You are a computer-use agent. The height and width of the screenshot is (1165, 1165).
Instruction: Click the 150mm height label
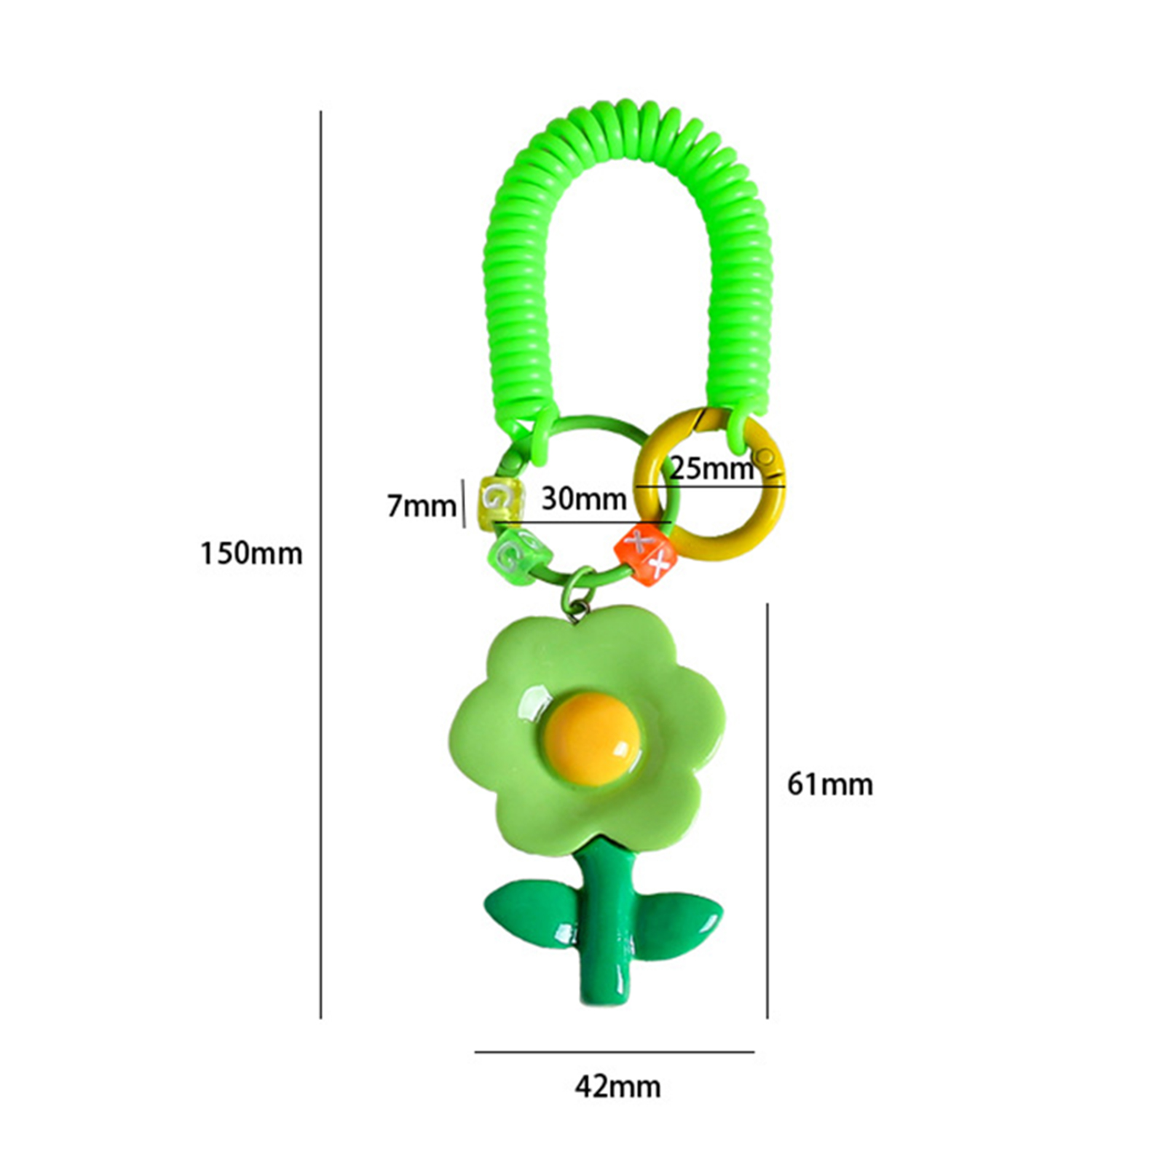251,554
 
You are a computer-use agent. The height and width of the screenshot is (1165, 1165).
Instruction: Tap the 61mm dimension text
830,784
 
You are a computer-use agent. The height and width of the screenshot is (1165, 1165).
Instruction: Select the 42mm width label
617,1087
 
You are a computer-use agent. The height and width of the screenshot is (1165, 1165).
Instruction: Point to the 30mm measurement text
584,499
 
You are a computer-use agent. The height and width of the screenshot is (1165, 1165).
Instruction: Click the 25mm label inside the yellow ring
711,467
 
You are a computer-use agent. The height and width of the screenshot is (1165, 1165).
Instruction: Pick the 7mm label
422,505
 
